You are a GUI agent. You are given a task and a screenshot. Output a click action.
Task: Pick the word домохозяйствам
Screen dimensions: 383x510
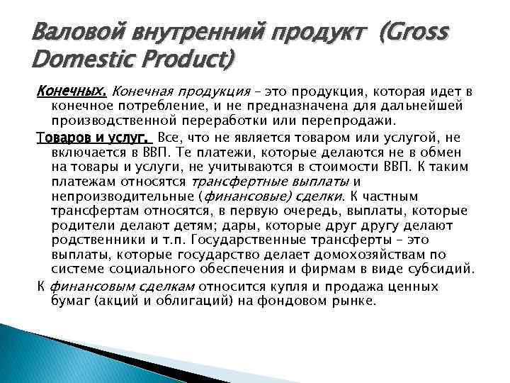coord(370,255)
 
